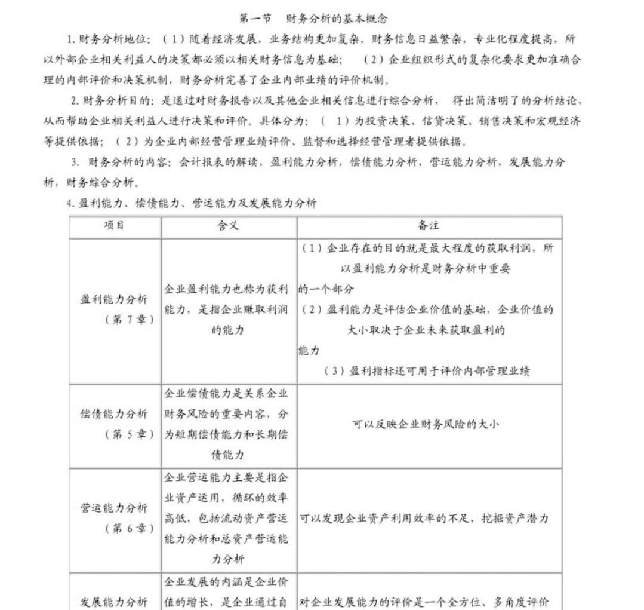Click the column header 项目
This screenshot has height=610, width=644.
[114, 226]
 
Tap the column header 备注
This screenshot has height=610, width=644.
[429, 226]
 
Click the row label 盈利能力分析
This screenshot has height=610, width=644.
[114, 299]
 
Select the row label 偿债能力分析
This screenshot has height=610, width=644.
[114, 414]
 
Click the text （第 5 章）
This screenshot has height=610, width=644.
[129, 434]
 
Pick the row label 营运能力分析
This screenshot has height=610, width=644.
[114, 508]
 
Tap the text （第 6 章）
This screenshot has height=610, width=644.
[129, 528]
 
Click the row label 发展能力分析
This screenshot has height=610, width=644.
[114, 601]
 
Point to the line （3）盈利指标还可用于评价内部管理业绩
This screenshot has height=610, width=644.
[427, 371]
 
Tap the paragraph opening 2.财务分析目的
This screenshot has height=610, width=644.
[111, 100]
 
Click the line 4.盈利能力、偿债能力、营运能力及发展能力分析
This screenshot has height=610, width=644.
[191, 203]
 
